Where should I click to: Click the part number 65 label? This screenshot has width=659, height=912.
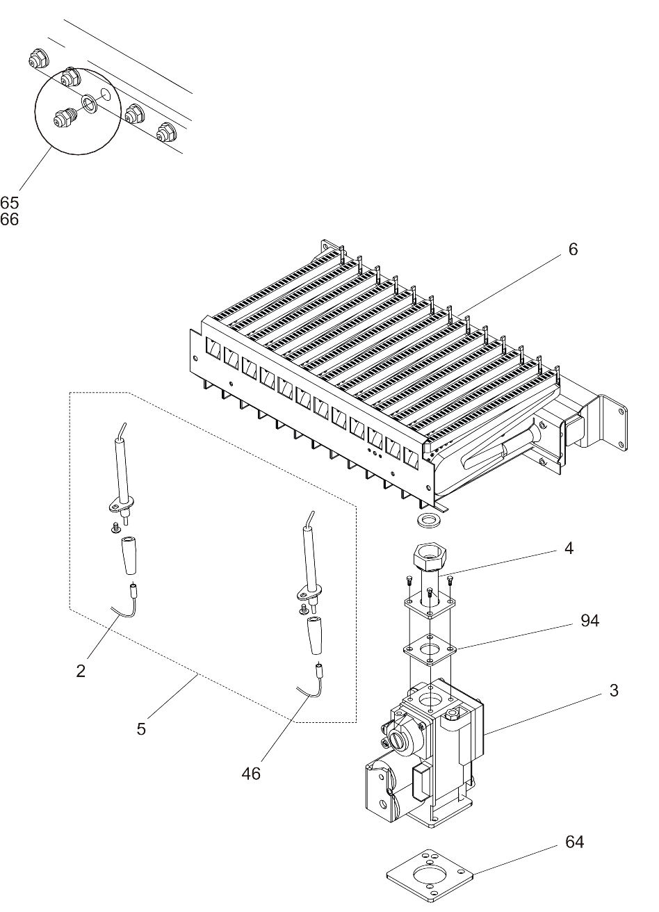(10, 203)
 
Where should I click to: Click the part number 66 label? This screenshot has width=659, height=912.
(10, 220)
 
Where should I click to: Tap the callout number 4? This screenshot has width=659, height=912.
(569, 548)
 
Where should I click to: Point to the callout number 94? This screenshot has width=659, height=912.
(589, 621)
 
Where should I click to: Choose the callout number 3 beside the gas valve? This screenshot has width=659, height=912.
(613, 690)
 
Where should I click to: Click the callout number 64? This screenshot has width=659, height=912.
(574, 842)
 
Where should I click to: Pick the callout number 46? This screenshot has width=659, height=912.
(251, 773)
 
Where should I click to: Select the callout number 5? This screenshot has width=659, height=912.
(141, 729)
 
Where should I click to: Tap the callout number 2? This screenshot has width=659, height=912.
(81, 671)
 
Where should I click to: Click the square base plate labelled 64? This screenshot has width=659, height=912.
(431, 875)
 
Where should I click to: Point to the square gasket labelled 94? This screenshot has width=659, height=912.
(431, 651)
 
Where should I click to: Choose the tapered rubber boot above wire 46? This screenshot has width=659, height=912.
(314, 635)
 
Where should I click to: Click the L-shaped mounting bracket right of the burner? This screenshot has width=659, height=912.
(612, 424)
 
